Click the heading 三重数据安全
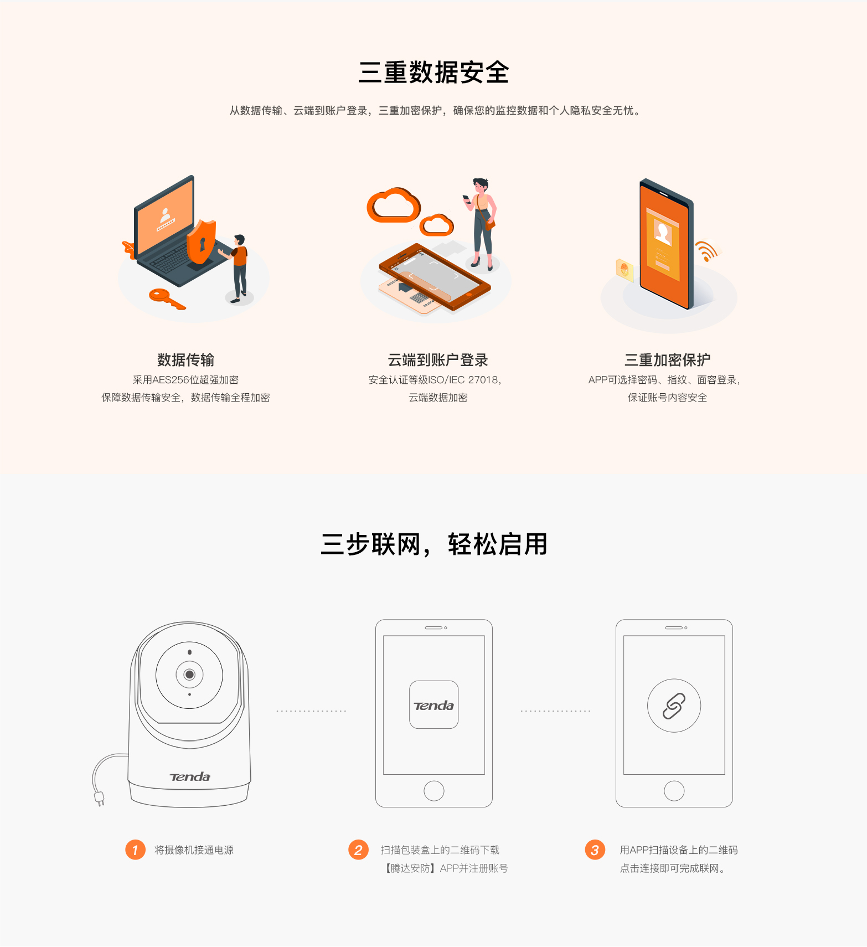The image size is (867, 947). tap(433, 73)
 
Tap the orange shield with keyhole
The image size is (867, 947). tap(201, 241)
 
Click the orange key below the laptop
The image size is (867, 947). tap(167, 298)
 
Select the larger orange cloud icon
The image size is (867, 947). tap(394, 205)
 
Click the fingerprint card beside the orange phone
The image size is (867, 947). tap(625, 270)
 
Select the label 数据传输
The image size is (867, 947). tap(185, 360)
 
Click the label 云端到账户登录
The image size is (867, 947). tap(438, 360)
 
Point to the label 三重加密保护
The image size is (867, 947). tap(667, 360)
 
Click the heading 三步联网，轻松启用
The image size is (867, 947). tap(434, 544)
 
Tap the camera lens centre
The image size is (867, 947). tap(189, 675)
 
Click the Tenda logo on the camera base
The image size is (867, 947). tap(190, 777)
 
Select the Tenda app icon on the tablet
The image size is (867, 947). tap(433, 705)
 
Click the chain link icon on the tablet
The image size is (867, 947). tap(674, 706)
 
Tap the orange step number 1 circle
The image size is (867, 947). tap(135, 850)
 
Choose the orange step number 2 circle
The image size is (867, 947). tap(358, 850)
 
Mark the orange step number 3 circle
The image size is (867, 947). tap(595, 850)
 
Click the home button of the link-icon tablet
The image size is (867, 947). tap(674, 791)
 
